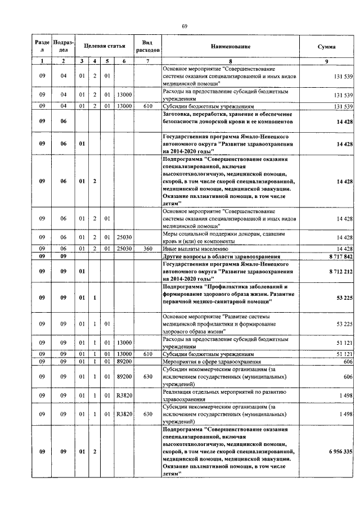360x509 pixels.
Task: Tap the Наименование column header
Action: click(231, 46)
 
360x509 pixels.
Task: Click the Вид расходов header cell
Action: click(148, 46)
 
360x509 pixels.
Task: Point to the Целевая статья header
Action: click(104, 43)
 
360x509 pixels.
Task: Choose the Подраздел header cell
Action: click(63, 46)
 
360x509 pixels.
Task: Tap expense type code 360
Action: click(148, 248)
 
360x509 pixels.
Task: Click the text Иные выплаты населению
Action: click(195, 248)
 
